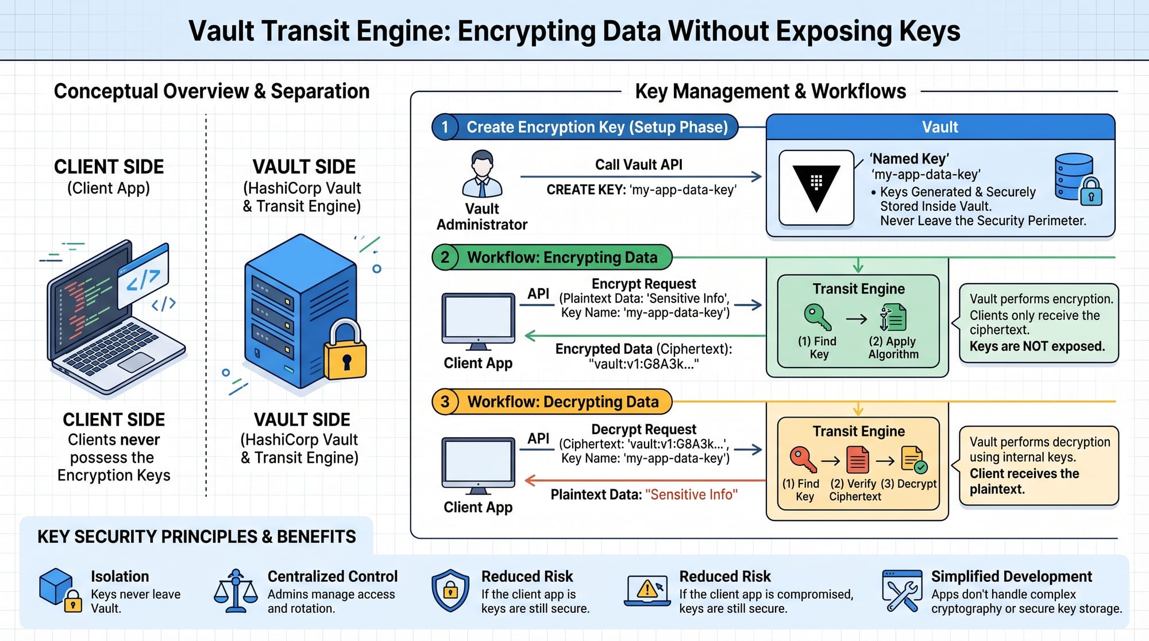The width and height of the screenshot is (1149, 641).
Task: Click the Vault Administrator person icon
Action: click(482, 174)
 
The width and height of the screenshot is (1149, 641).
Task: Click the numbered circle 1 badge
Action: click(445, 127)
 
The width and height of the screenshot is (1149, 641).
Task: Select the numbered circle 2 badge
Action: click(445, 257)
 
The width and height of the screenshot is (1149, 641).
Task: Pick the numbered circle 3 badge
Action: click(445, 401)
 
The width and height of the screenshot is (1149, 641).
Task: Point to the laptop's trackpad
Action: click(136, 362)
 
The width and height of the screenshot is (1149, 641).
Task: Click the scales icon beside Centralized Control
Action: click(236, 591)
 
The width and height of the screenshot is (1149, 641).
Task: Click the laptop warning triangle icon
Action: click(647, 590)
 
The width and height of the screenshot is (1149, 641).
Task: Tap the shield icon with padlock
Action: click(450, 591)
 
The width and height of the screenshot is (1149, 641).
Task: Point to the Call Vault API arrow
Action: click(641, 177)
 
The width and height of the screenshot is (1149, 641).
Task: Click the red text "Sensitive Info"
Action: click(691, 495)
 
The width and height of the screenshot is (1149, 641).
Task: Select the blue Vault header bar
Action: click(940, 127)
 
